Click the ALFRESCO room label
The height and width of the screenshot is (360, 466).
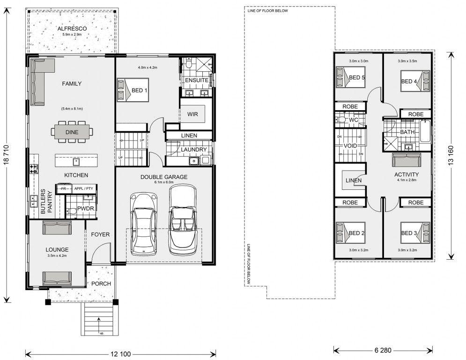[x=72, y=29]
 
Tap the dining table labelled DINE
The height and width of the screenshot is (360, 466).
[x=72, y=132]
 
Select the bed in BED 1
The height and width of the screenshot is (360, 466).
[x=133, y=90]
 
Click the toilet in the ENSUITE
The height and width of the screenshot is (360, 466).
[x=188, y=63]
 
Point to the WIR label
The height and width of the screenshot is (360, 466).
[x=192, y=114]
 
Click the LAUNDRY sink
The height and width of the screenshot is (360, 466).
[x=194, y=161]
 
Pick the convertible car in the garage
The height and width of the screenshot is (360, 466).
[x=182, y=219]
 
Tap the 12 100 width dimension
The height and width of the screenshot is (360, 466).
[x=121, y=354]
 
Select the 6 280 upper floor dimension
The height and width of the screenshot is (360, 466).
[x=383, y=350]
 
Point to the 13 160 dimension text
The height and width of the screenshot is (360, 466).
[x=451, y=155]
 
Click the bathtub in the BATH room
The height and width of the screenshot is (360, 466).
[x=426, y=131]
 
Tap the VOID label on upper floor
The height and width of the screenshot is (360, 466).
[x=350, y=146]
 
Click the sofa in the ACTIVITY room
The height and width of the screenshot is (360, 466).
[x=406, y=160]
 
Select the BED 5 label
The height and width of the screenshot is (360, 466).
[x=356, y=77]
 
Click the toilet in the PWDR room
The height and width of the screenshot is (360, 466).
[x=71, y=211]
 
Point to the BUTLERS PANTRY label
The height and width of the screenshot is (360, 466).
[x=46, y=202]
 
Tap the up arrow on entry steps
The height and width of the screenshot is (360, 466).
[x=98, y=322]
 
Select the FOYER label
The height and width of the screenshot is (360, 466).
[x=100, y=234]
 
